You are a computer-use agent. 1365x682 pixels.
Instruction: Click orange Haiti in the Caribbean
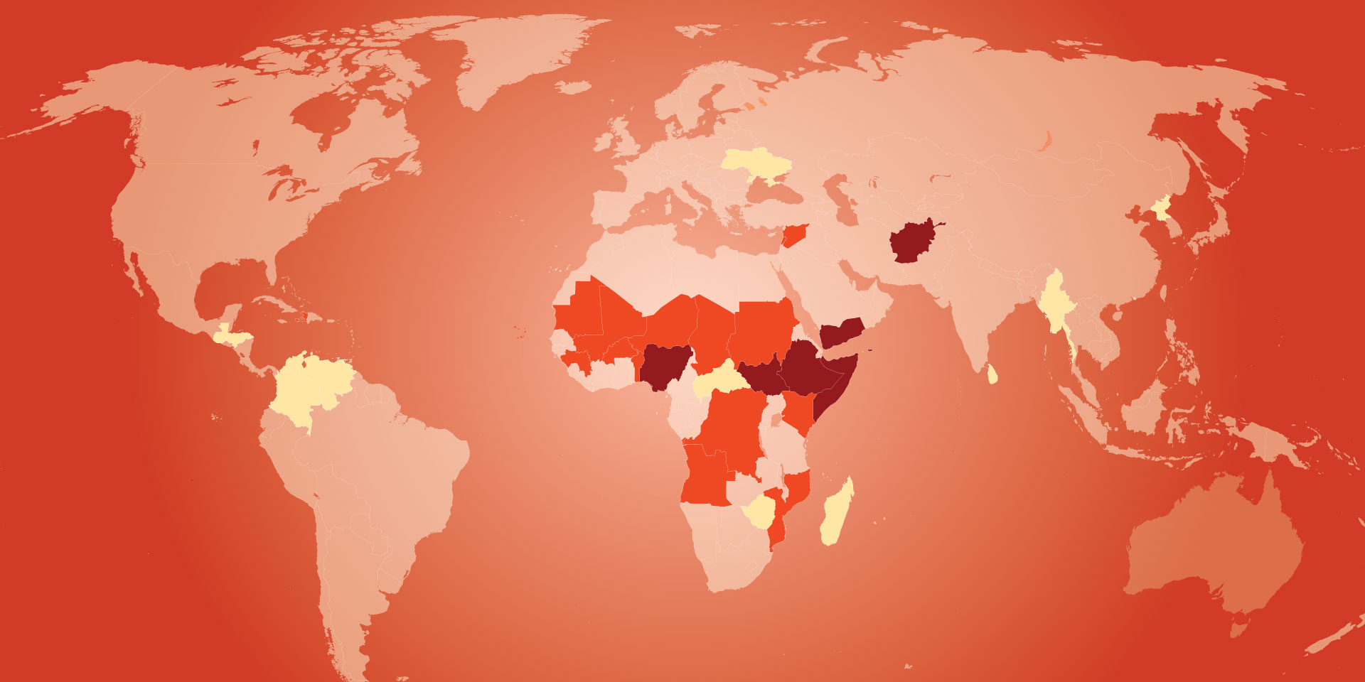point(303,317)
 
